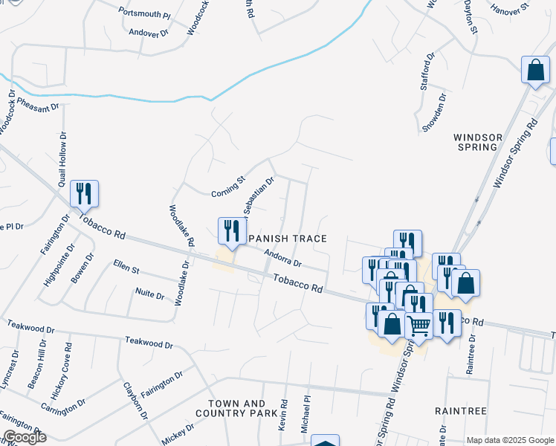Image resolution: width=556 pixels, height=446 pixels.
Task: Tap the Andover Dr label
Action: click(149, 33)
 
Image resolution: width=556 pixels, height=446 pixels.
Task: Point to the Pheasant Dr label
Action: click(38, 108)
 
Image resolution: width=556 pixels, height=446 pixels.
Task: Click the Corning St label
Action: click(227, 185)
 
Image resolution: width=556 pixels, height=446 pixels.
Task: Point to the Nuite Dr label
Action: click(149, 294)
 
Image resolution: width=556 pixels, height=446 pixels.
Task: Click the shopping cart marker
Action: click(418, 324)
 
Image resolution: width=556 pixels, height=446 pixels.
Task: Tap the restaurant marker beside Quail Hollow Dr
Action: click(84, 193)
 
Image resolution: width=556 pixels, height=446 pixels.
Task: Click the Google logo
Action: click(24, 437)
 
